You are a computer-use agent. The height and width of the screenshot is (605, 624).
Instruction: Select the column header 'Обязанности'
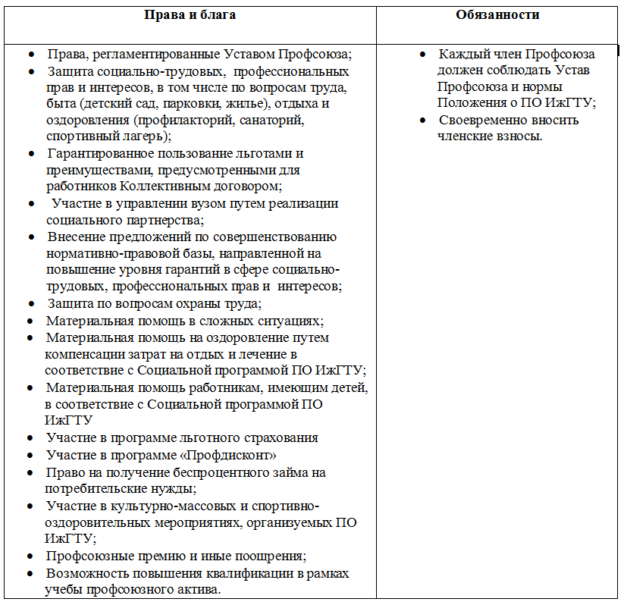point(498,15)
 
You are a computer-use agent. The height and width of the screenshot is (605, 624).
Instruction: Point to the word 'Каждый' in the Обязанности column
point(460,55)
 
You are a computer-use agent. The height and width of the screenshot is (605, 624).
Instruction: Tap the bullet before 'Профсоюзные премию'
point(30,556)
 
